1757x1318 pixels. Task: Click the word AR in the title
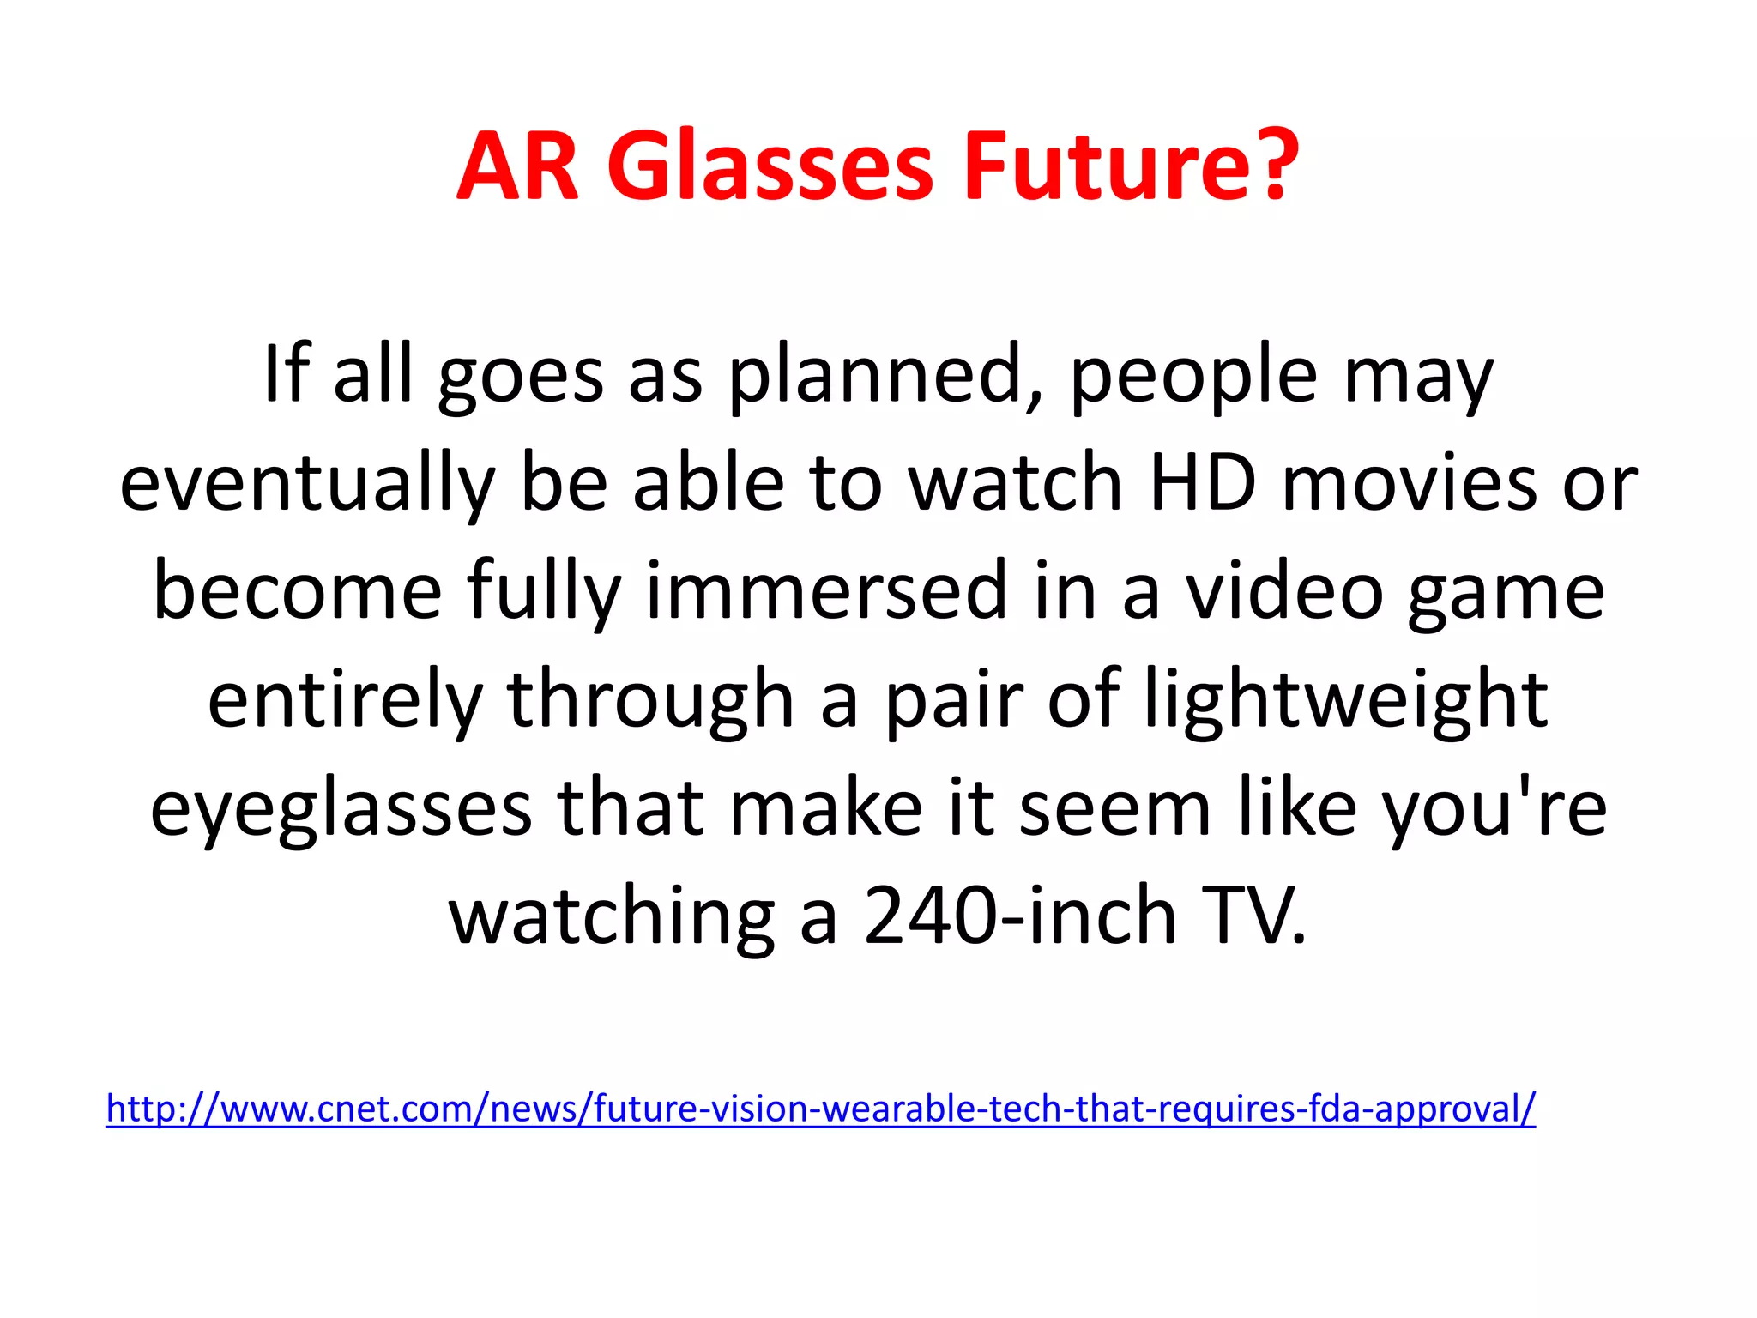(518, 167)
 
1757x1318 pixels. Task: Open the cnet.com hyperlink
(820, 1109)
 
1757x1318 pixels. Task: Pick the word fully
(544, 592)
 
